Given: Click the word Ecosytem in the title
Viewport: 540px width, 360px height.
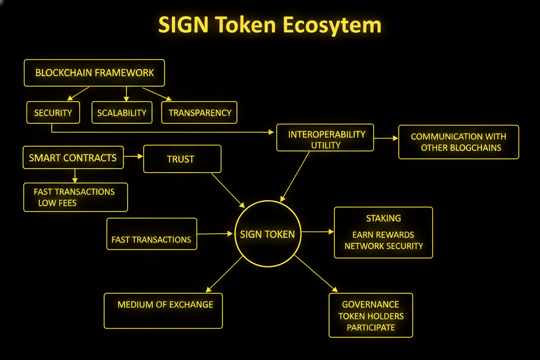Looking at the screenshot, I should point(332,26).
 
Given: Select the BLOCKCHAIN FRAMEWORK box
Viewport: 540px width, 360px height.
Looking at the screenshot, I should point(94,73).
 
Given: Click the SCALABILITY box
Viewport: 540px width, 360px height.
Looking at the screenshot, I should point(122,113).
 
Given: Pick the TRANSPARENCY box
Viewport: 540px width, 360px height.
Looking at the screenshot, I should point(199,113).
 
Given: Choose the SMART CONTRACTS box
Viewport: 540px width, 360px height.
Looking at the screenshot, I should point(73,157).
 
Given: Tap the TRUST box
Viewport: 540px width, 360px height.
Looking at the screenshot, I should point(182,159).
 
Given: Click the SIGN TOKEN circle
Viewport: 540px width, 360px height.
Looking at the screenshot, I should point(267,234).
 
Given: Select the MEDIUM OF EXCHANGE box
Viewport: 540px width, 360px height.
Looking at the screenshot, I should point(163,311).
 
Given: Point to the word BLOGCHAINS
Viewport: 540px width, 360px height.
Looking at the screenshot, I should point(476,148).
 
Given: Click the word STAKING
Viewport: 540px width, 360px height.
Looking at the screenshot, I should point(383,218).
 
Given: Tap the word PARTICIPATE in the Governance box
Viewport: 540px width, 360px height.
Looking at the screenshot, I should point(371,328).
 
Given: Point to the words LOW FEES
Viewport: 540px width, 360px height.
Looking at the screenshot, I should point(57,203).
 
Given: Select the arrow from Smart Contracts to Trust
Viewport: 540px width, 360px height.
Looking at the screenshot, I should point(133,156).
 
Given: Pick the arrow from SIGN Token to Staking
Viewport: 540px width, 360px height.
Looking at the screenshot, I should point(318,232).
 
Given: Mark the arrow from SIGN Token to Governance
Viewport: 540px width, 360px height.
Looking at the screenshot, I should point(315,273).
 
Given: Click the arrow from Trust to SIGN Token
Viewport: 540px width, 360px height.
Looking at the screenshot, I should point(228,190).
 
